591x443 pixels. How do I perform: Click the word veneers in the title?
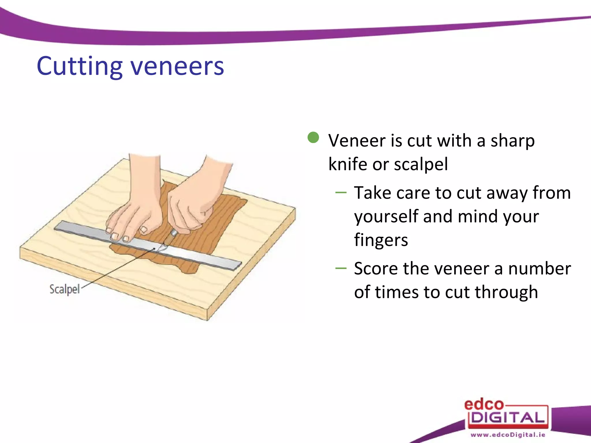point(177,67)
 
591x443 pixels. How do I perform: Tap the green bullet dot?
point(313,138)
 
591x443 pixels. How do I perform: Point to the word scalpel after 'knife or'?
point(421,164)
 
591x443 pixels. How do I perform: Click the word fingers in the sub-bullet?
point(381,240)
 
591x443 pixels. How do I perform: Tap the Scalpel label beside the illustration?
point(64,289)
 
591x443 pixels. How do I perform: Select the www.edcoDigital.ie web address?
point(508,435)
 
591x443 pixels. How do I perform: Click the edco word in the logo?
point(484,405)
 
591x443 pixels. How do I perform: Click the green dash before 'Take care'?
point(341,193)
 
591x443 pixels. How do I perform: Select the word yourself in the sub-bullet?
point(386,217)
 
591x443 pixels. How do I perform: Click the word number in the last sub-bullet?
point(539,269)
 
